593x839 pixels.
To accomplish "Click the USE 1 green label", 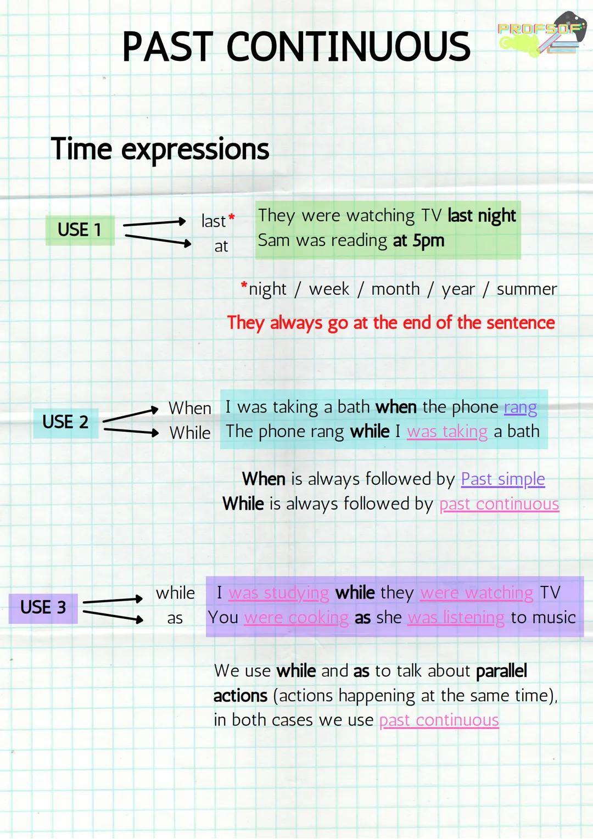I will coord(80,230).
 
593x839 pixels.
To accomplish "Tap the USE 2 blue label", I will coord(65,422).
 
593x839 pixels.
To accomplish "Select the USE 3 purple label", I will coord(43,607).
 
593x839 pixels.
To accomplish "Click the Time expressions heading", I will coord(160,149).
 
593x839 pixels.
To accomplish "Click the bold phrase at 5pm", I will coord(418,240).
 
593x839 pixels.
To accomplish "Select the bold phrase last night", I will coord(482,216).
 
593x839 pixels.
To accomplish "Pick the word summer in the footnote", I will coord(527,289).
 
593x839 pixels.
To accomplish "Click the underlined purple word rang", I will coord(520,407).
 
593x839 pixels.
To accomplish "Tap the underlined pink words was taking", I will coord(447,432).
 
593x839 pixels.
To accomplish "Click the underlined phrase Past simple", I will coord(502,479).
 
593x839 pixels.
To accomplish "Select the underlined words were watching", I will coord(477,593).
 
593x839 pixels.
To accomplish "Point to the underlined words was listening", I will coord(456,618).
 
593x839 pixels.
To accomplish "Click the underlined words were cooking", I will coord(296,618).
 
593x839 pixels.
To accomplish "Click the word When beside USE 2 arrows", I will coord(189,408).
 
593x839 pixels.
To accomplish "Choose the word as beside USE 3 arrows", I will coord(175,618).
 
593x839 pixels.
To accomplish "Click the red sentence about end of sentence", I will coord(391,323).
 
